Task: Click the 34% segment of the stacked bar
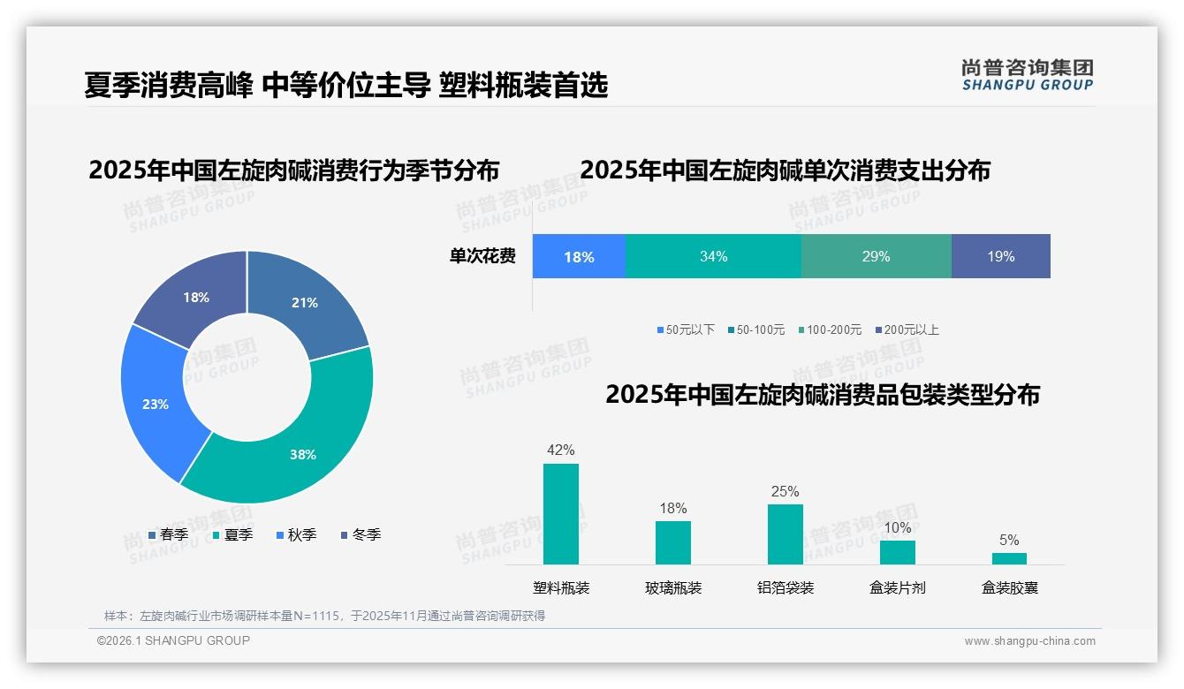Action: tap(713, 256)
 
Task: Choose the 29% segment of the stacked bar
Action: tap(876, 256)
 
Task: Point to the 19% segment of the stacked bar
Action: tap(1000, 256)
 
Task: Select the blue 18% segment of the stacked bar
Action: tap(579, 256)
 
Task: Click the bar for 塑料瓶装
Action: tap(561, 513)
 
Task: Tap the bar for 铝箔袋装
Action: tap(785, 534)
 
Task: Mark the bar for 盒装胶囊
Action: tap(1009, 558)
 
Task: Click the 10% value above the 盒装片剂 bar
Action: tap(897, 528)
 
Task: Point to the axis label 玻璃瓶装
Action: tap(673, 587)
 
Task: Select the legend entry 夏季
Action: tap(232, 534)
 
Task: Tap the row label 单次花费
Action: tap(482, 256)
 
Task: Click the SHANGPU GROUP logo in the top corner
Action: tap(1027, 74)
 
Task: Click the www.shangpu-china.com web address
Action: tap(1029, 641)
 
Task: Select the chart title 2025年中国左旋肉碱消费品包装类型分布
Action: tap(822, 395)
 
